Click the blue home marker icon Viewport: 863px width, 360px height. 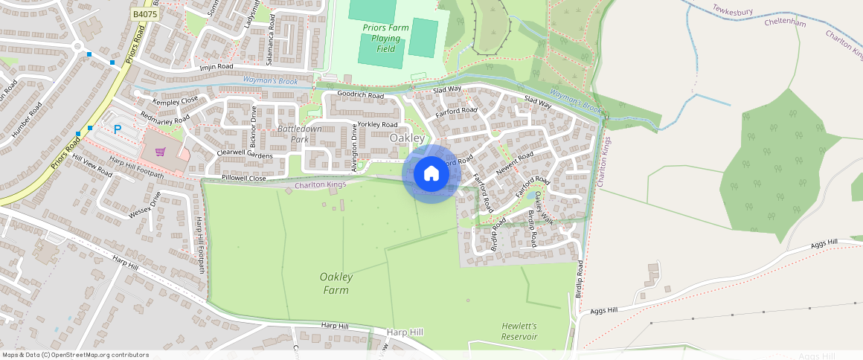431,174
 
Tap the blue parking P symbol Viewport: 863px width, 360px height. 118,129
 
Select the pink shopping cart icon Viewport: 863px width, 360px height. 160,152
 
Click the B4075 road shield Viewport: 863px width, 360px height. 144,14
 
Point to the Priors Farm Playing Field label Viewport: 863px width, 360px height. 385,38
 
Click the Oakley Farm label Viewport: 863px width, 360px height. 336,283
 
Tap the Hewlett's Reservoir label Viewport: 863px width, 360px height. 519,331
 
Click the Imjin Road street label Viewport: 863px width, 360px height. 217,68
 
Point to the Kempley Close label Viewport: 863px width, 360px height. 176,100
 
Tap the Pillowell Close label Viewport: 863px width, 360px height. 244,179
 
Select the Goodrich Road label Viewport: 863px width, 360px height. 360,95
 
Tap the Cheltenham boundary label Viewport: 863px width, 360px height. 785,23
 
